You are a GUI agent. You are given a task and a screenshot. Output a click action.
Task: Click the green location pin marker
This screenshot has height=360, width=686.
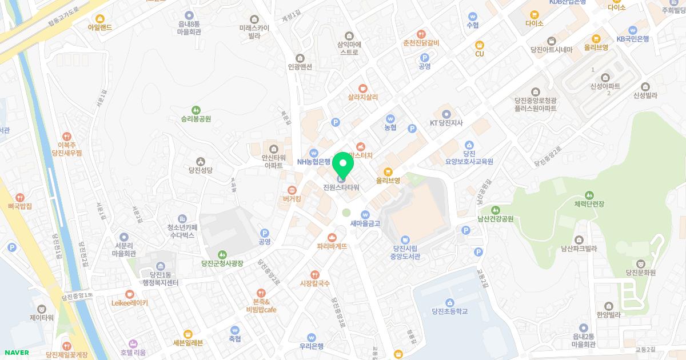pos(343,166)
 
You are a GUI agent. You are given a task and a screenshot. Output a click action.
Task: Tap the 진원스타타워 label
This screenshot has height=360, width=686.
pos(341,187)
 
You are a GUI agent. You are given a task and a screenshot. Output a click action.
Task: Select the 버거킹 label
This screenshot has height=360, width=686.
pos(292,199)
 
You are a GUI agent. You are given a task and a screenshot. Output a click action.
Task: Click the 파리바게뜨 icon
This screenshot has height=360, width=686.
pos(332,237)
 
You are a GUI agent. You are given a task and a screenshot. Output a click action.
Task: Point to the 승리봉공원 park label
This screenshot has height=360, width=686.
pos(196,119)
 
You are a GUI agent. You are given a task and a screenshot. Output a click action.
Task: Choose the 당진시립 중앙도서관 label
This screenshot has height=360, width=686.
pos(405,252)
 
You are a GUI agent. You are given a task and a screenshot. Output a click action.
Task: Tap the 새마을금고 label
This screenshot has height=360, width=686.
pos(365,223)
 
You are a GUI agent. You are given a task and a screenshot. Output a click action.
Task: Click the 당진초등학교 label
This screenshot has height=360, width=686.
pos(450,311)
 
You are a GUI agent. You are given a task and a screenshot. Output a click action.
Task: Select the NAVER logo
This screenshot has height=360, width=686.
pos(15,353)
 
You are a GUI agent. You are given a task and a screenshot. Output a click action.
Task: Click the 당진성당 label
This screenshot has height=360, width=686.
pos(200,170)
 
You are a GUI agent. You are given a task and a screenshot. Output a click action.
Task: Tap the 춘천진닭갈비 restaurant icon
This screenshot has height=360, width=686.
pos(421,34)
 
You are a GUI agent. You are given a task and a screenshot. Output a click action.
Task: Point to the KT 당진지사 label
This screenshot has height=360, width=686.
pos(446,122)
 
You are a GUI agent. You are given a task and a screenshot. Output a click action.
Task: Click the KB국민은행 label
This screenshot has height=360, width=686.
pos(633,39)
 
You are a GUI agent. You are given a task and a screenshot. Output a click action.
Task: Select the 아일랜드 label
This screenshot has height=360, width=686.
pos(100,27)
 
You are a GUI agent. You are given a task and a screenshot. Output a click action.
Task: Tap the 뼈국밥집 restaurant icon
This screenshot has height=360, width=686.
pos(20,197)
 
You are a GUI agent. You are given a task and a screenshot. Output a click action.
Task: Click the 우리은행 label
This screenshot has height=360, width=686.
pos(312,346)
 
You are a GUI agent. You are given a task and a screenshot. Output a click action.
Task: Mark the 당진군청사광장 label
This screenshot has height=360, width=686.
pos(222,263)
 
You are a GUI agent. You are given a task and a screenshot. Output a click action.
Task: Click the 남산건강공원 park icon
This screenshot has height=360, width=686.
pos(495,210)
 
